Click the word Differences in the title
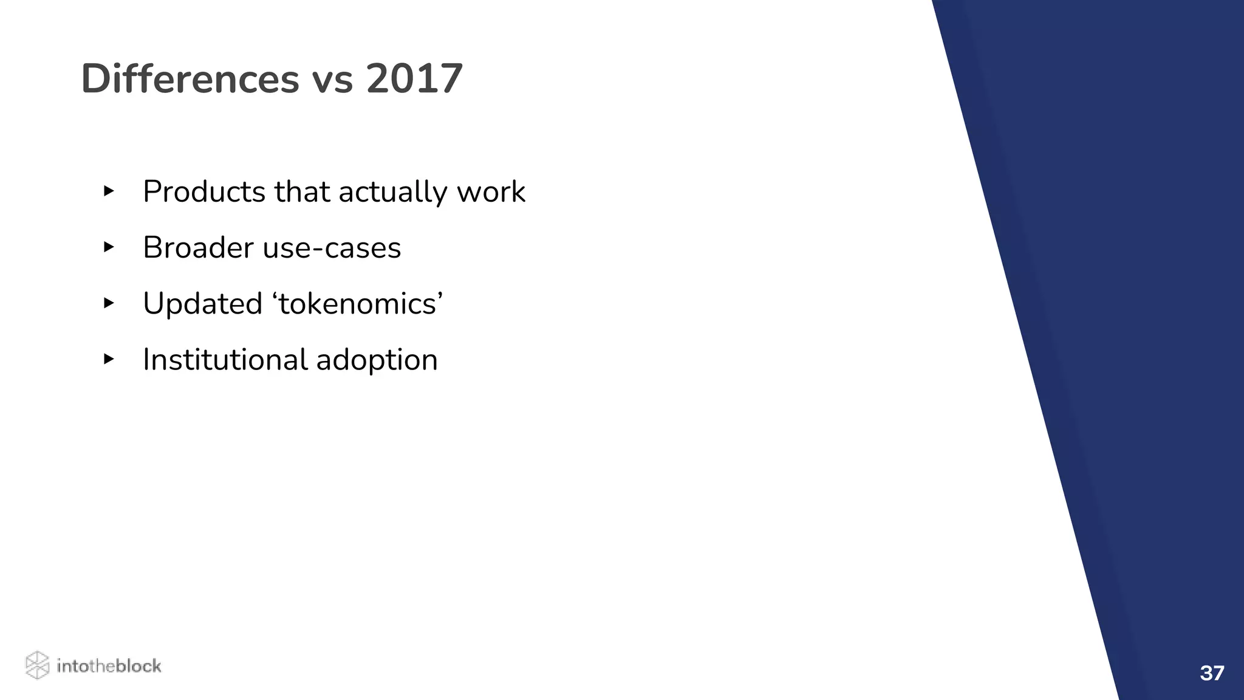(190, 79)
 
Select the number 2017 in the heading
(414, 79)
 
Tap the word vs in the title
(332, 80)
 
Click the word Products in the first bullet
(204, 192)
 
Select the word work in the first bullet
(491, 192)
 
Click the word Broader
(198, 248)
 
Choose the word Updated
(202, 304)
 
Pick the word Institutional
(225, 360)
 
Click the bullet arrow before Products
(109, 191)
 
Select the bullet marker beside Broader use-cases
(109, 247)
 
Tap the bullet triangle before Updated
(109, 303)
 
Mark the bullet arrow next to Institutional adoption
(109, 359)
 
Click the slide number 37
(1212, 673)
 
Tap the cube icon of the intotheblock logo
(37, 665)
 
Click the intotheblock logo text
(109, 666)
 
